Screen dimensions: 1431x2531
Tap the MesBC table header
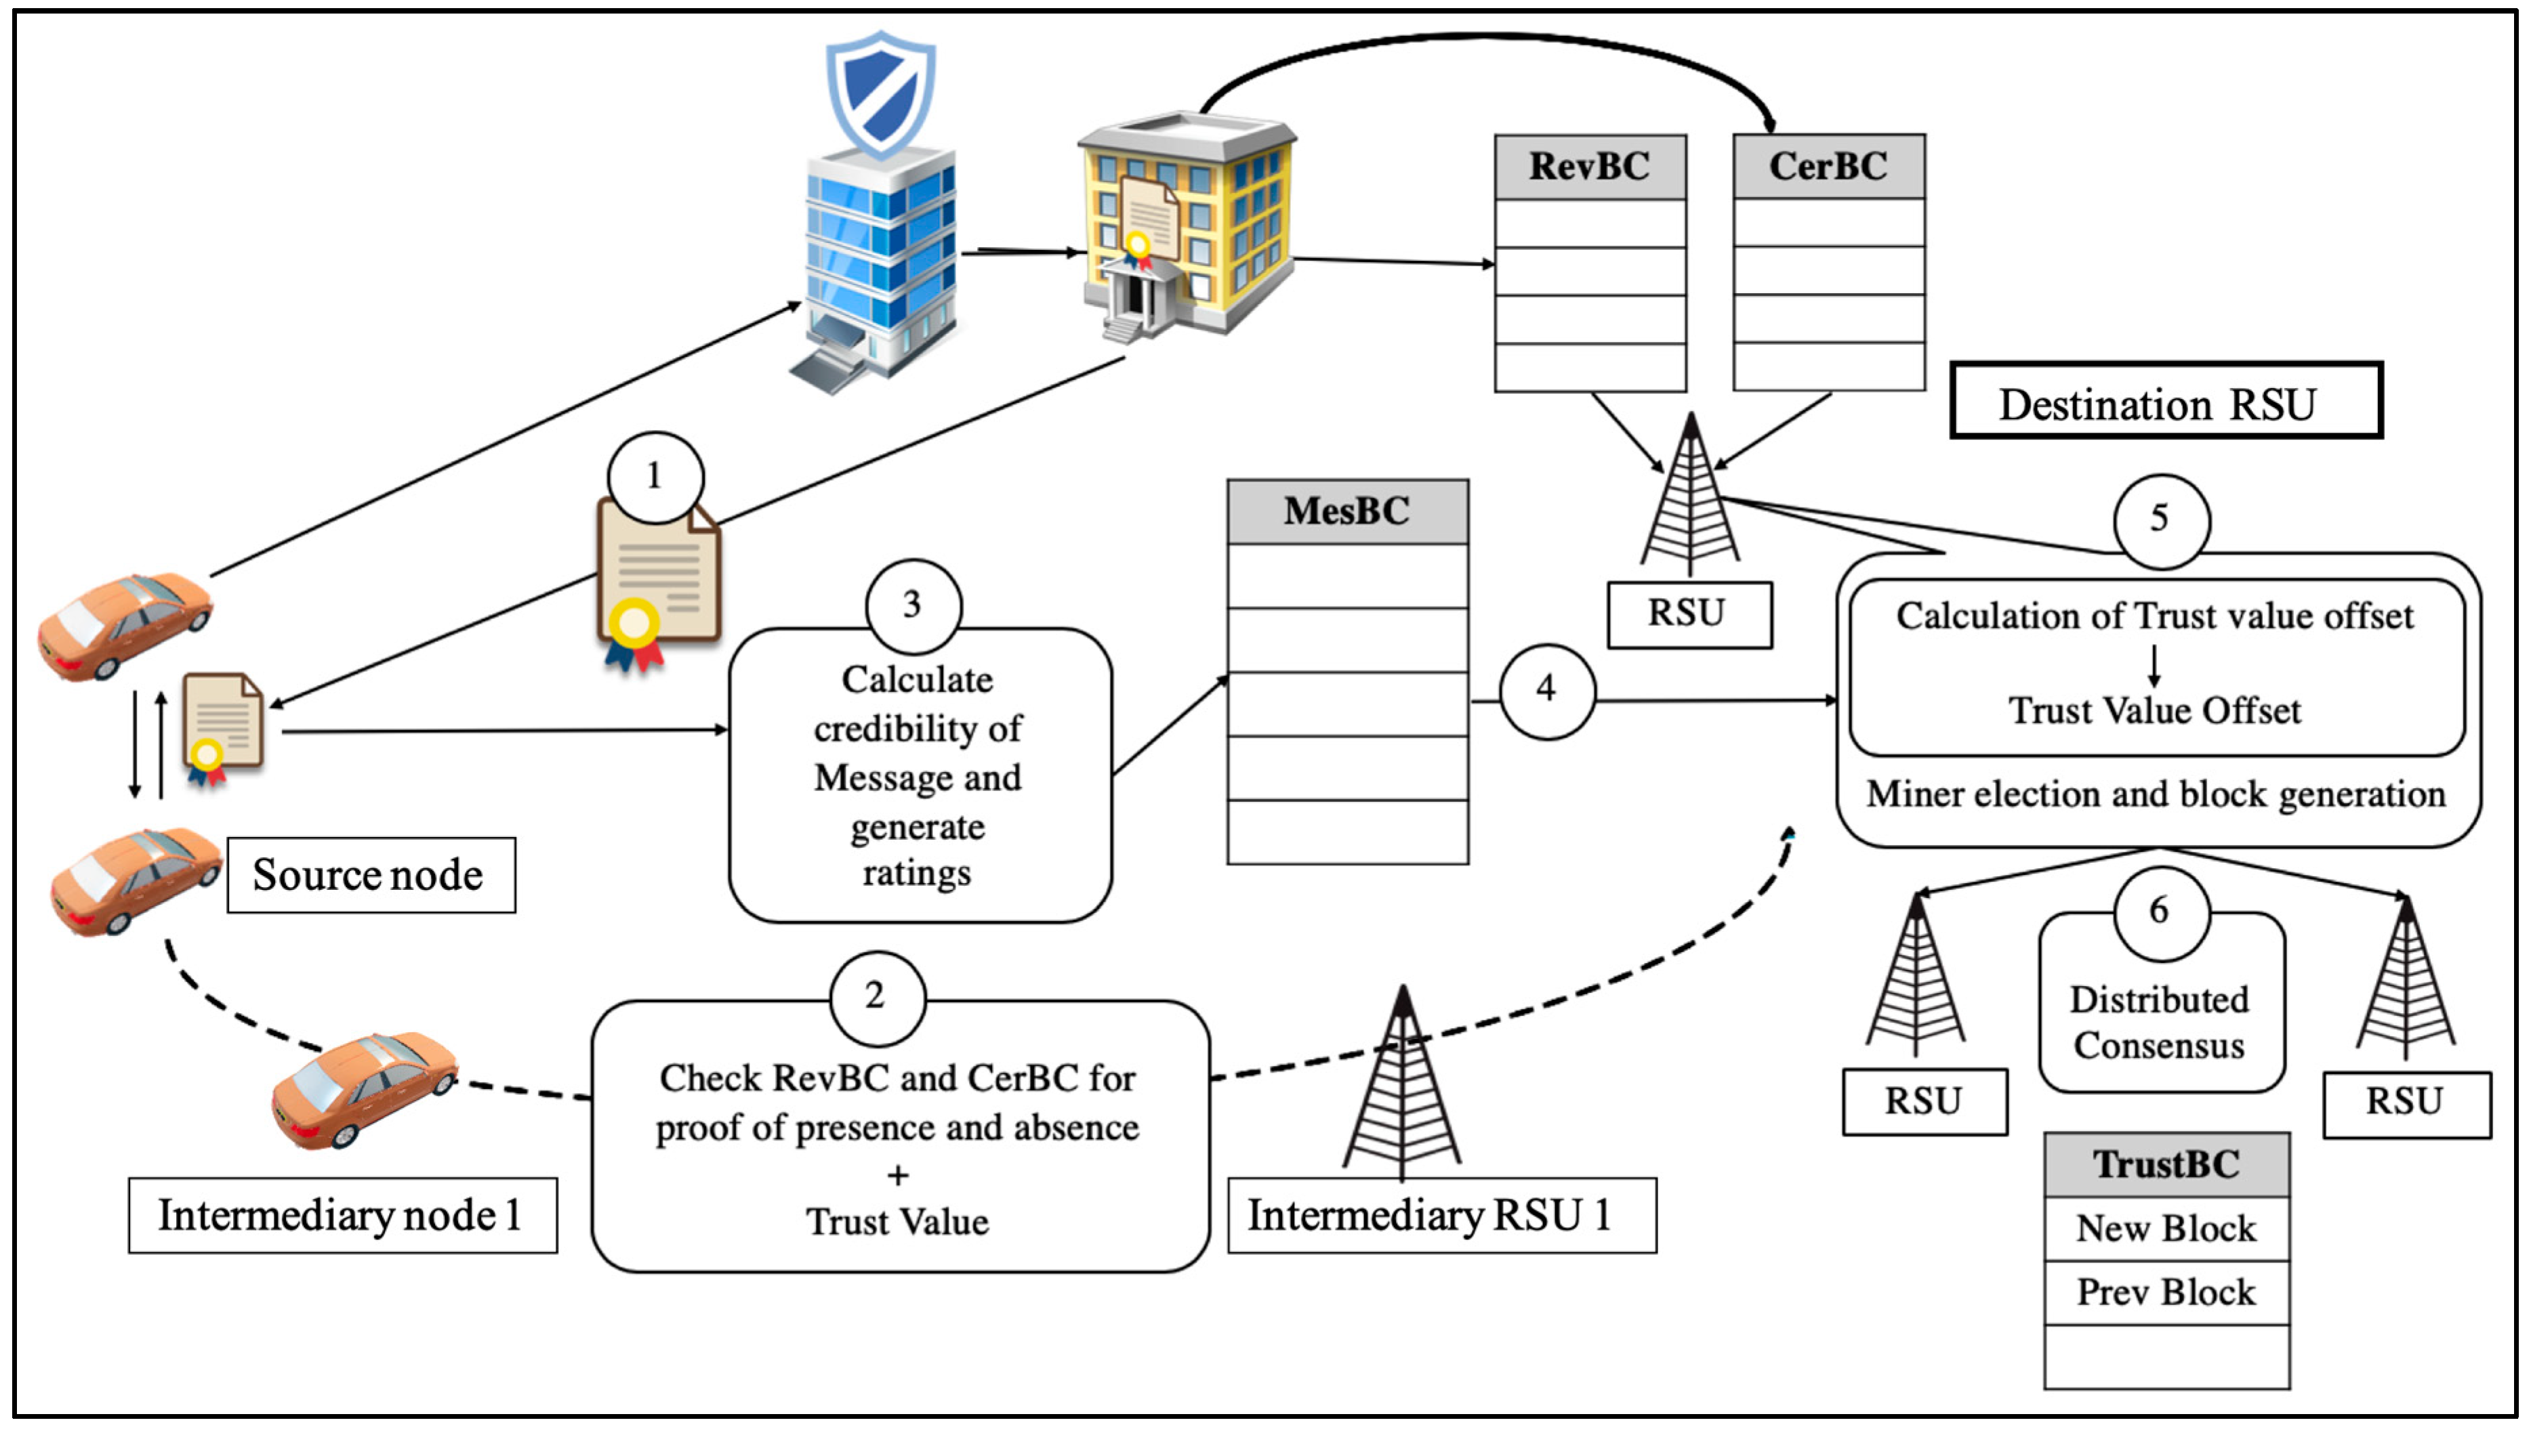1347,511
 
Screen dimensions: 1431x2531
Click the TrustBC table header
2166,1165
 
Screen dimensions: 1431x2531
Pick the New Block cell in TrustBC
2166,1229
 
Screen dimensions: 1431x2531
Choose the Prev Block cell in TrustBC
2166,1292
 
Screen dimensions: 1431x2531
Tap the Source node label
371,875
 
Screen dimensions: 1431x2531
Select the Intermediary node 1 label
342,1216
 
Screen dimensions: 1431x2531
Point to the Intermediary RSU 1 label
1441,1216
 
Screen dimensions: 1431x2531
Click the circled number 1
655,477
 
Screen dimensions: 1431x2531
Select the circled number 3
913,605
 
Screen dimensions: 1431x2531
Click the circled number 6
2160,911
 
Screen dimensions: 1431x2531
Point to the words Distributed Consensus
2160,1022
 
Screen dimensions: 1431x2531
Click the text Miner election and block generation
2156,794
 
